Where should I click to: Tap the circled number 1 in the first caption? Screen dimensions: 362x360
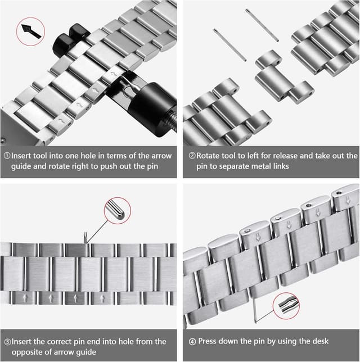[x=7, y=156]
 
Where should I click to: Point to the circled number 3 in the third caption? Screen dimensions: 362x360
[x=7, y=341]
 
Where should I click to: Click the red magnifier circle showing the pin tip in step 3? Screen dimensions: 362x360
[x=117, y=211]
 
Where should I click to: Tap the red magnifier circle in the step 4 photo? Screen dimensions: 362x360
[x=286, y=307]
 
